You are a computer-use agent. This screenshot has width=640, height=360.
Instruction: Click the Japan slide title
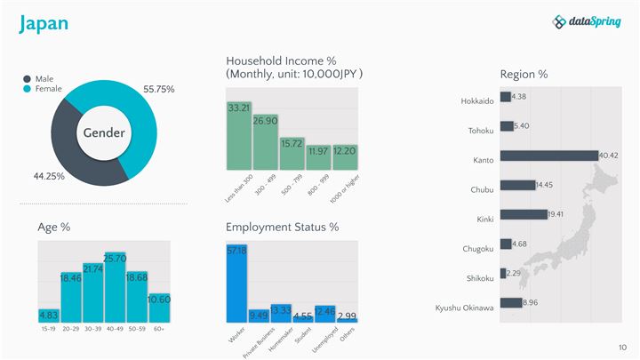click(44, 24)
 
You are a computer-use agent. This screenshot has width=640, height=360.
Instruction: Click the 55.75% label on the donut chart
click(158, 89)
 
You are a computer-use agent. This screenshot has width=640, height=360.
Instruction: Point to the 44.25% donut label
click(49, 176)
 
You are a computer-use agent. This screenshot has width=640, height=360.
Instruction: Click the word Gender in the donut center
click(104, 133)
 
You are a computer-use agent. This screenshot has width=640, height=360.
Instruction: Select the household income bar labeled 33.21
click(238, 135)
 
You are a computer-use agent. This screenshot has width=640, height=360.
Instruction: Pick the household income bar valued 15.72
click(292, 153)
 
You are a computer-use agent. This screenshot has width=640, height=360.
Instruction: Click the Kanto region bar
click(548, 156)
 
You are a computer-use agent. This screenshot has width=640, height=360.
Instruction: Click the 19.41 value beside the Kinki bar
click(556, 214)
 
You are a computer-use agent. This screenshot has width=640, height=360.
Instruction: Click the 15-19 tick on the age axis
click(49, 329)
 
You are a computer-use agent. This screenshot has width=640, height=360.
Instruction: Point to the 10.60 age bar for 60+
click(159, 308)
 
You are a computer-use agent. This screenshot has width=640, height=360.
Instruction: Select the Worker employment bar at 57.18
click(236, 284)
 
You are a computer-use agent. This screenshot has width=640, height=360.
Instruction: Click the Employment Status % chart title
click(282, 228)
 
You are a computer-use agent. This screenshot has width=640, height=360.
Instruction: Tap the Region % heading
click(524, 74)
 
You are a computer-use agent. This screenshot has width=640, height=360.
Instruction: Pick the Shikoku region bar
click(503, 273)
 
